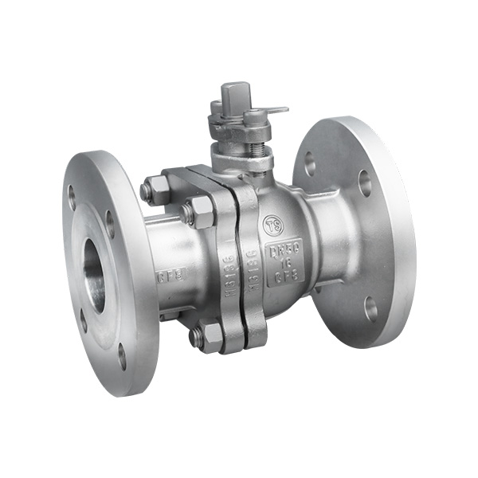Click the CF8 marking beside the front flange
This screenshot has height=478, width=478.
coord(168,276)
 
